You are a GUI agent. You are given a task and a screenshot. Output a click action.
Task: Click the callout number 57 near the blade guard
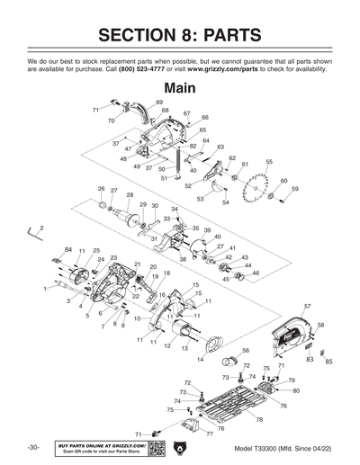point(308,307)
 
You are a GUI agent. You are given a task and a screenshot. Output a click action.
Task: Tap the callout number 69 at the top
point(159,103)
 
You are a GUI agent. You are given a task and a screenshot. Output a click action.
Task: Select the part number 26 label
point(102,189)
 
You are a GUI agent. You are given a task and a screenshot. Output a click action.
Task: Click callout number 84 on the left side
point(67,249)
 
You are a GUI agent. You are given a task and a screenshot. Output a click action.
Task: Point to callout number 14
point(200,359)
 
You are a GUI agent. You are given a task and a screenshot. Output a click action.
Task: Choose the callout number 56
point(246,350)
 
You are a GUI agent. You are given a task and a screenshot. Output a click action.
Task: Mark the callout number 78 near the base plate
point(260,419)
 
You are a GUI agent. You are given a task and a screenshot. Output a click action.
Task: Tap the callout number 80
point(296,391)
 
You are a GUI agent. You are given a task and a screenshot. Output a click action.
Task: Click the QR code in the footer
point(157,448)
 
